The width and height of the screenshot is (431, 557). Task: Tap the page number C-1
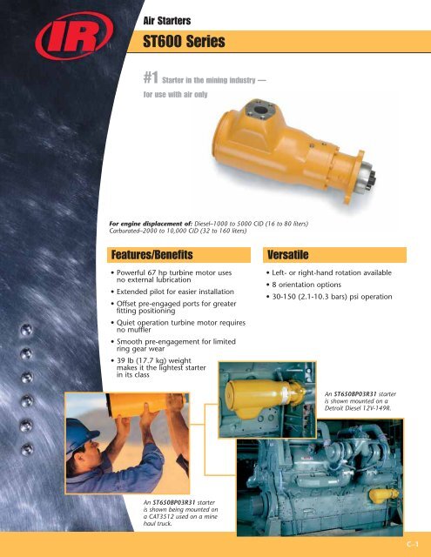[x=413, y=546]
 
